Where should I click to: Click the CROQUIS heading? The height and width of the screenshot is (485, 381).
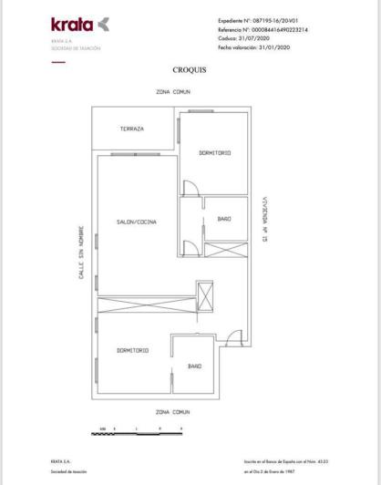(x=190, y=69)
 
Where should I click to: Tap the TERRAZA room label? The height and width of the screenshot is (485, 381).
(x=132, y=129)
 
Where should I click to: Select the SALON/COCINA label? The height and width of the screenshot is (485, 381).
(x=136, y=222)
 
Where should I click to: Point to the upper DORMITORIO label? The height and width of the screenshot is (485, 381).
(x=214, y=152)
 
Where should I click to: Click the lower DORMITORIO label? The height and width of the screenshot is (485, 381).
(x=132, y=350)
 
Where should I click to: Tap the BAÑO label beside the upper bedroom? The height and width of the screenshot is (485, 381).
(x=224, y=219)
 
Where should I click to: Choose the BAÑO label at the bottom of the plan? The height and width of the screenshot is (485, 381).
(x=194, y=366)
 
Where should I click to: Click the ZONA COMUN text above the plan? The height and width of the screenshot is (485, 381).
(x=172, y=93)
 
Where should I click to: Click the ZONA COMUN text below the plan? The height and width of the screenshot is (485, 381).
(x=172, y=412)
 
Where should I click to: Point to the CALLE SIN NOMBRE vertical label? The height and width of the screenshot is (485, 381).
(x=82, y=253)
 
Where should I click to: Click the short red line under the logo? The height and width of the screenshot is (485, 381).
(x=58, y=62)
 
